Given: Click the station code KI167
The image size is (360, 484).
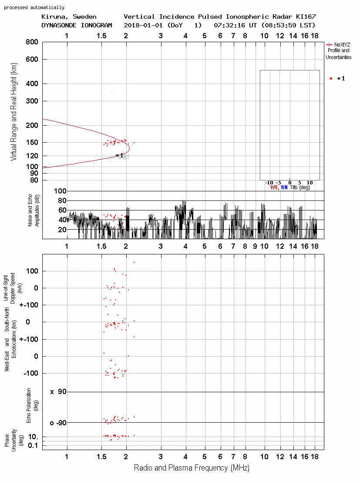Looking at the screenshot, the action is [x=306, y=17].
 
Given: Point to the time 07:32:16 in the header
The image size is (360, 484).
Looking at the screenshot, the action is [x=229, y=25].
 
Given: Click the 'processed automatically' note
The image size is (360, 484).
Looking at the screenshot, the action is [x=34, y=7].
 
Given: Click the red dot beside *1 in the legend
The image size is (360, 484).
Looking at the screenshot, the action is [x=331, y=78].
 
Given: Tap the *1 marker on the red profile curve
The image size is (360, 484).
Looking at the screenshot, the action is [x=120, y=155].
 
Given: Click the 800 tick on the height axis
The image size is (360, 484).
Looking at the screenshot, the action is [x=32, y=42].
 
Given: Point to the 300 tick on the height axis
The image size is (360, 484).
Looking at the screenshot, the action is [x=32, y=101].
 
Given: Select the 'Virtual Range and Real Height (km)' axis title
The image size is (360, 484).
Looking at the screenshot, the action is [x=14, y=112].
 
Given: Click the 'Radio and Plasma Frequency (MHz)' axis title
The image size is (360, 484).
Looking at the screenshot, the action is [x=192, y=468].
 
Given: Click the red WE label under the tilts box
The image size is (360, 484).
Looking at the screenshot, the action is [x=274, y=187].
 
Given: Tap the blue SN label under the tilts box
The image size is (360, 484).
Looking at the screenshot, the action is [x=284, y=187].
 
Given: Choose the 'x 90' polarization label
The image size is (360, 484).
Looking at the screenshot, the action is [x=58, y=392].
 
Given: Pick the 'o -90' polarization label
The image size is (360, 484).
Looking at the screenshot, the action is [x=58, y=423].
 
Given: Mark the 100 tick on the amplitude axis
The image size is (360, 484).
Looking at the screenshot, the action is [x=60, y=191].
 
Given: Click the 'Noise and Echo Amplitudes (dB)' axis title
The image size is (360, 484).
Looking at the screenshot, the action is [x=34, y=210].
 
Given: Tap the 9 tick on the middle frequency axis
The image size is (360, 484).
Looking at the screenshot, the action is [x=255, y=246].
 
